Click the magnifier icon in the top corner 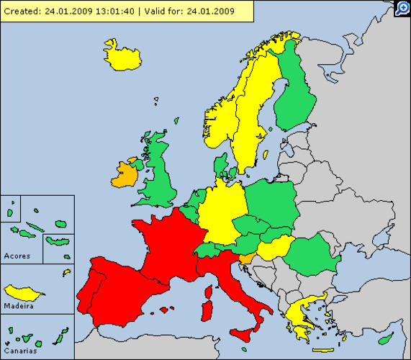[x=403, y=8]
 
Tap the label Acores [x=17, y=256]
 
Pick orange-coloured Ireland [x=125, y=174]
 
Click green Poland [x=271, y=202]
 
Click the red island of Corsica [x=209, y=292]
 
